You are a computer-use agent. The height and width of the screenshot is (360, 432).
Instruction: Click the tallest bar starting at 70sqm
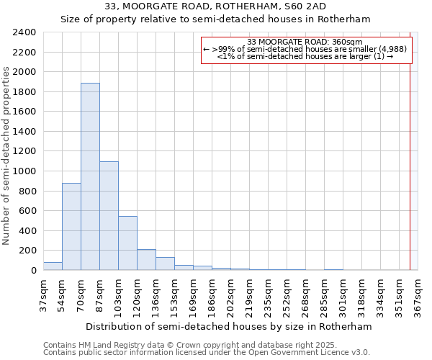(90, 176)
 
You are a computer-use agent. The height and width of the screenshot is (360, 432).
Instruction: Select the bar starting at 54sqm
(71, 227)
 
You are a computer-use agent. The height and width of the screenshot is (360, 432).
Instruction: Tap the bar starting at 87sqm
(109, 216)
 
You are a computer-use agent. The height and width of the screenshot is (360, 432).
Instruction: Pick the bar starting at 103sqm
(127, 243)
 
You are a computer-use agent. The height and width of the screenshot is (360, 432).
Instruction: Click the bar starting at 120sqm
(146, 260)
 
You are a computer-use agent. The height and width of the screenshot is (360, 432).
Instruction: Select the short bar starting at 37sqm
(53, 266)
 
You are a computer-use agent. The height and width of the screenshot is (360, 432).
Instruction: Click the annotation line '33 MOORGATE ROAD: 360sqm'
(305, 42)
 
